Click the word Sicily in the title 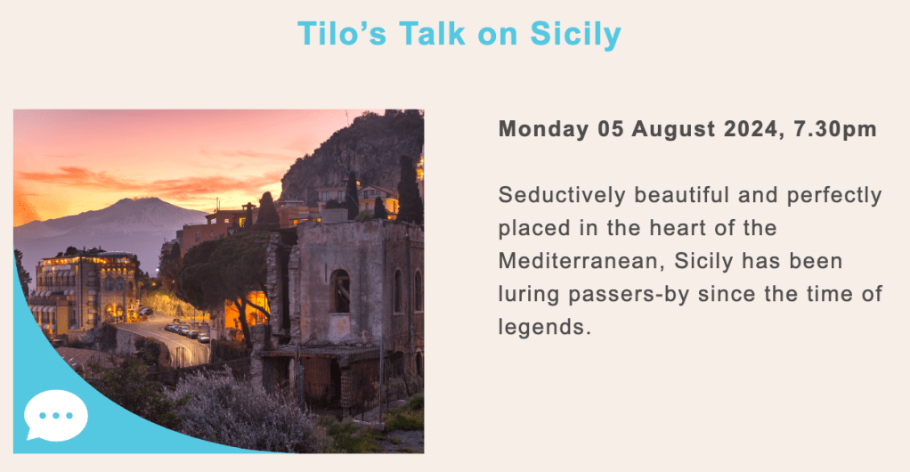pyautogui.click(x=575, y=35)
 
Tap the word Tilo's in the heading pyautogui.click(x=342, y=34)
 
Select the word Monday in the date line pyautogui.click(x=543, y=129)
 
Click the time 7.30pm pyautogui.click(x=835, y=129)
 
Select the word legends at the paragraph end pyautogui.click(x=544, y=328)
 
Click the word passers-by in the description pyautogui.click(x=629, y=295)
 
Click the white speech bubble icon pyautogui.click(x=56, y=415)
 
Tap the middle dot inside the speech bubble pyautogui.click(x=56, y=416)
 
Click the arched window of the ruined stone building pyautogui.click(x=340, y=291)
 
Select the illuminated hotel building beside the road pyautogui.click(x=85, y=290)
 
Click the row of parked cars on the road pyautogui.click(x=187, y=332)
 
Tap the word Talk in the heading pyautogui.click(x=432, y=34)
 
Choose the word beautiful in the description pyautogui.click(x=681, y=195)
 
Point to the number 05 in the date pyautogui.click(x=611, y=129)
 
